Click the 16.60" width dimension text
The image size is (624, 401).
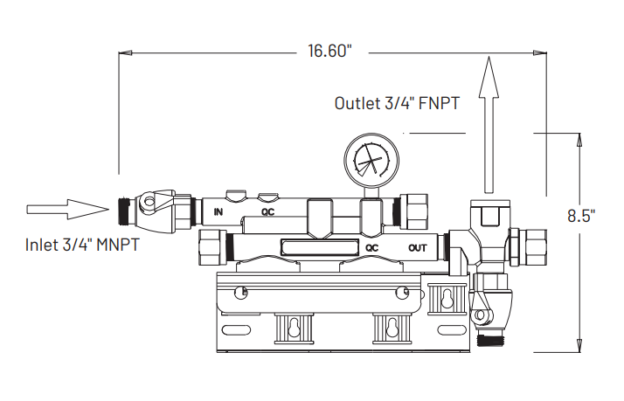point(329,51)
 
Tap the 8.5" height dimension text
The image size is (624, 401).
point(581,215)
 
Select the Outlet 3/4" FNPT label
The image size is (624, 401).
point(398,102)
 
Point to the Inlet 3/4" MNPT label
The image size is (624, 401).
point(82,245)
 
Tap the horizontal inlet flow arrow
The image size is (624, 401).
point(66,209)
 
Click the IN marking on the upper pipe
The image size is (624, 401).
point(218,211)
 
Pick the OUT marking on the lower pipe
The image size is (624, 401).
point(419,247)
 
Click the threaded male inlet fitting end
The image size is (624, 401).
point(125,210)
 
